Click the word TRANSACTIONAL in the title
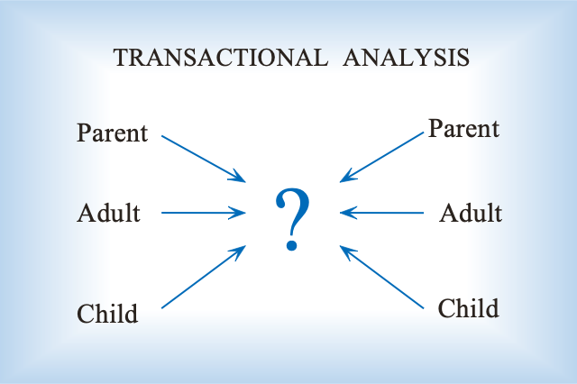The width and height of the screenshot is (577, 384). coord(220,58)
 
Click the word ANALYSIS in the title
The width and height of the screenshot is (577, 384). coord(407,58)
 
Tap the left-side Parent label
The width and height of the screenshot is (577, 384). coord(112,133)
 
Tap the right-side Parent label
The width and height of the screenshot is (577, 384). coord(464,129)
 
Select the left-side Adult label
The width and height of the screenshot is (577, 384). coord(108,213)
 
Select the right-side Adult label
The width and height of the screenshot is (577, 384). coord(471,213)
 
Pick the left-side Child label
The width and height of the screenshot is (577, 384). coord(107,314)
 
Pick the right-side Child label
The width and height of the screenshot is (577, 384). coord(469,308)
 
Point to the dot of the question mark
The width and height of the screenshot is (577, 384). coord(292,244)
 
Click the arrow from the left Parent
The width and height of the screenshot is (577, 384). coord(204,159)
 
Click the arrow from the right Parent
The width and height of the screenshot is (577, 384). coord(381,158)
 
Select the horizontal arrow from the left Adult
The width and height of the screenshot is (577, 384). coord(204,213)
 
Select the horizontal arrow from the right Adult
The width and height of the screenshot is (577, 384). coord(381,213)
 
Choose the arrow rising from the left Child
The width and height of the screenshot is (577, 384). coord(204,277)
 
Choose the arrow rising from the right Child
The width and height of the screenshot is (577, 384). coord(381,277)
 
